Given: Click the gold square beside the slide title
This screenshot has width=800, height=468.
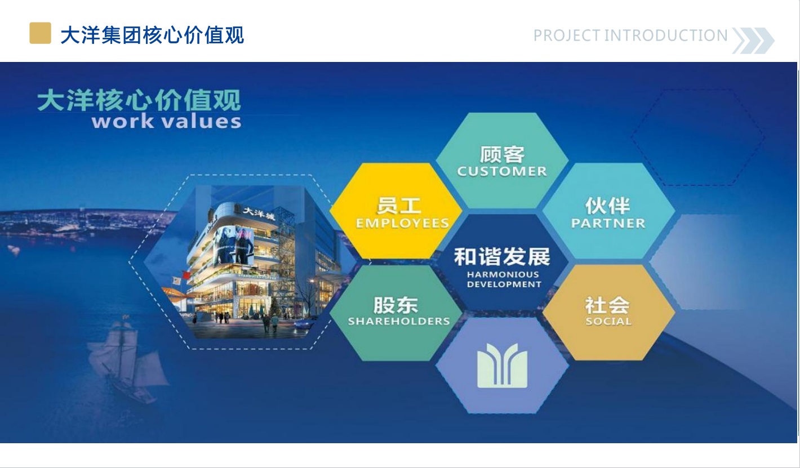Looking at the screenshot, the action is pyautogui.click(x=40, y=33).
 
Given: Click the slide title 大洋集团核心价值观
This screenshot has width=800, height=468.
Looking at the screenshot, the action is pyautogui.click(x=152, y=35).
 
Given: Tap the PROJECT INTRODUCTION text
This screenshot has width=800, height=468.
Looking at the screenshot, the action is pyautogui.click(x=630, y=35).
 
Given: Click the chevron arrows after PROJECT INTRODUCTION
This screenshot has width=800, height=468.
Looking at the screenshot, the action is pyautogui.click(x=753, y=41).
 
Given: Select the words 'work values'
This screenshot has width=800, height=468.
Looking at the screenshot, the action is pyautogui.click(x=166, y=122).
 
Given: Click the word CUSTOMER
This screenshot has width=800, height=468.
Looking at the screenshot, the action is pyautogui.click(x=502, y=171).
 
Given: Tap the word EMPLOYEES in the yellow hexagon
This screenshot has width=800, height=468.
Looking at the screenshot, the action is pyautogui.click(x=402, y=224).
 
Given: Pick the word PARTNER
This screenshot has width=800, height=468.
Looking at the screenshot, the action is pyautogui.click(x=608, y=224).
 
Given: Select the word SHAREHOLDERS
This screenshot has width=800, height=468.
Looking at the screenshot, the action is pyautogui.click(x=399, y=321).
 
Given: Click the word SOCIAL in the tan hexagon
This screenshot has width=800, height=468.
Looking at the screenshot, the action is pyautogui.click(x=608, y=321).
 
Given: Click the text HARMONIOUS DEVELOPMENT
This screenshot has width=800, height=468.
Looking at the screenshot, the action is pyautogui.click(x=504, y=279).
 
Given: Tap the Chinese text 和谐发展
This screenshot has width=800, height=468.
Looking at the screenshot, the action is pyautogui.click(x=502, y=257).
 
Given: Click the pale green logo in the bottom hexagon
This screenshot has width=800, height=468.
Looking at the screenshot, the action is pyautogui.click(x=502, y=366).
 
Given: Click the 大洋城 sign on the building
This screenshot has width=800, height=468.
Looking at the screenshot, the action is pyautogui.click(x=259, y=213).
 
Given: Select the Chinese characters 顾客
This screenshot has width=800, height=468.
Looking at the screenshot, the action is pyautogui.click(x=502, y=154).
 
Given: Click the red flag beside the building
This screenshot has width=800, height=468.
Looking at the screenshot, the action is pyautogui.click(x=186, y=275).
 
